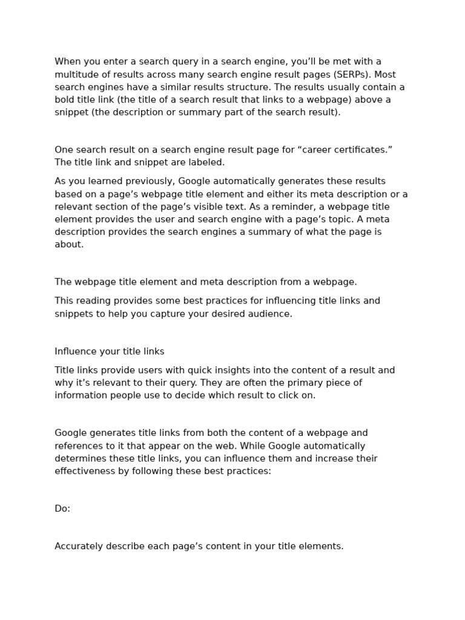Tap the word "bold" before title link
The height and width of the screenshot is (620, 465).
point(65,100)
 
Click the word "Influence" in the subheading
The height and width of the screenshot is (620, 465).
point(75,351)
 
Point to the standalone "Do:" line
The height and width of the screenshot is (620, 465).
point(62,509)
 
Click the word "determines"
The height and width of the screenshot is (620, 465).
point(82,459)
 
